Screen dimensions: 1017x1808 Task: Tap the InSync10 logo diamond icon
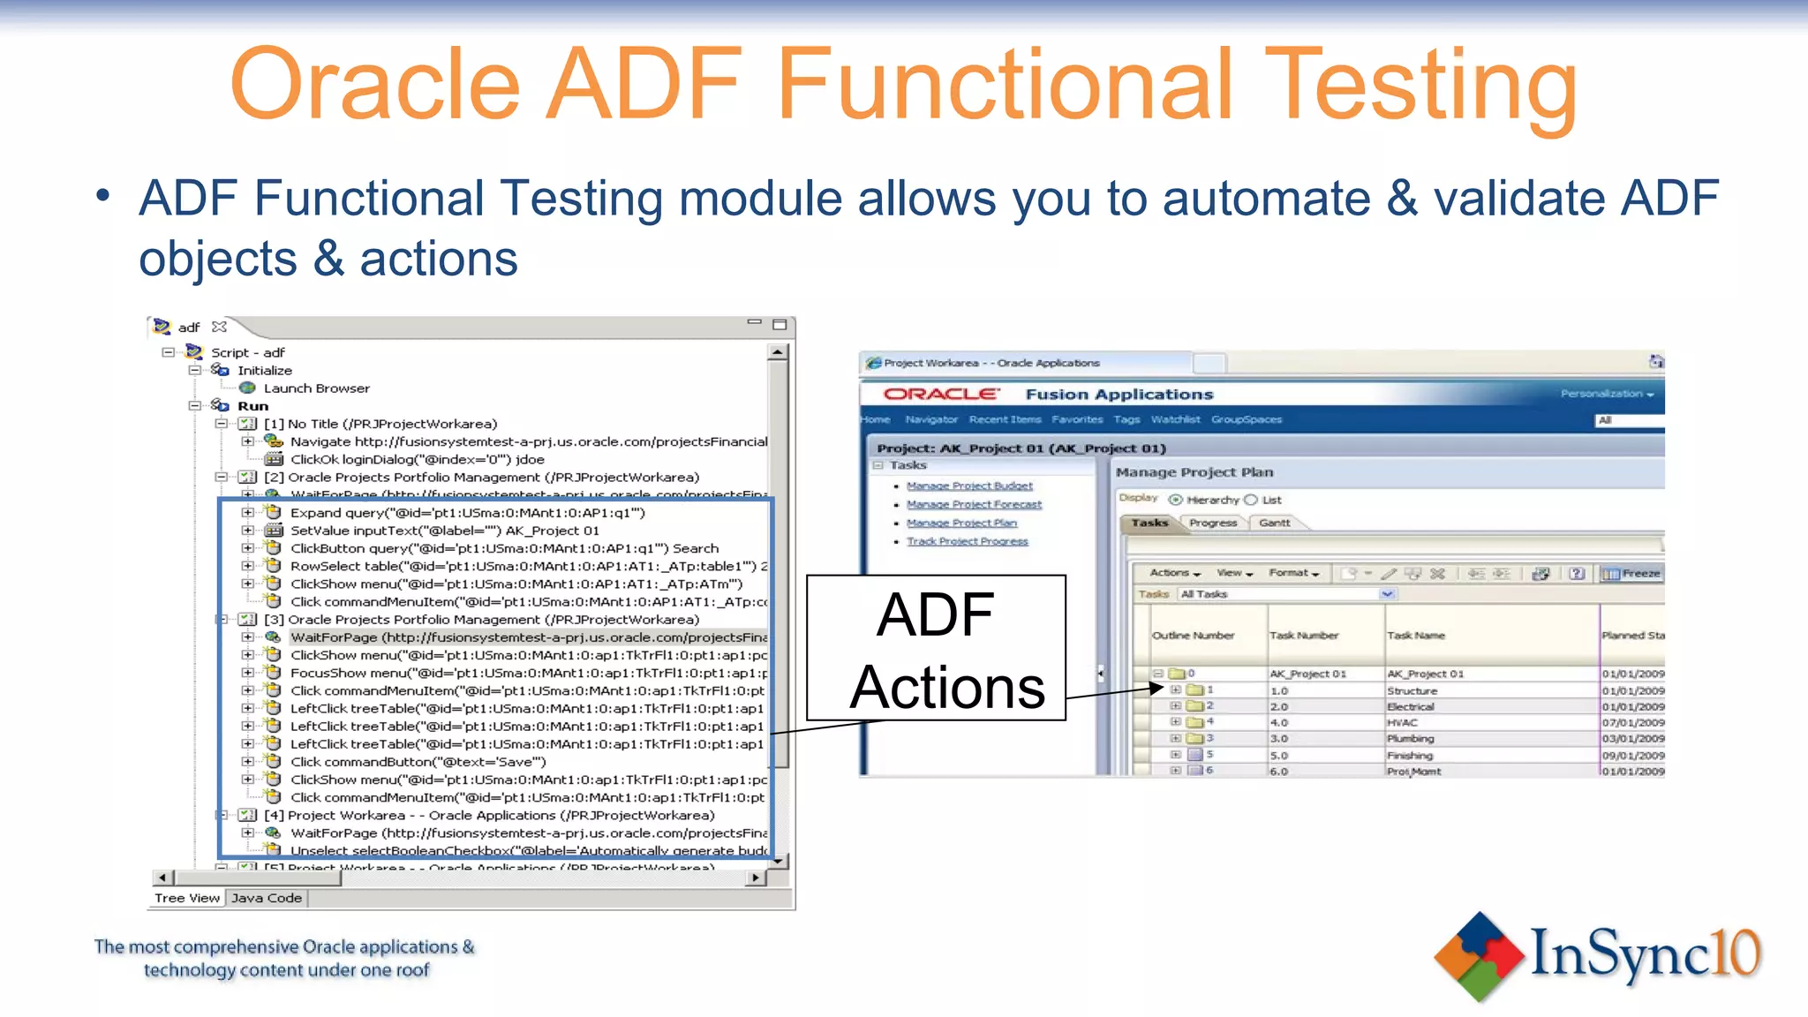pyautogui.click(x=1479, y=956)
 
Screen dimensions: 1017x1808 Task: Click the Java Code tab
pyautogui.click(x=267, y=898)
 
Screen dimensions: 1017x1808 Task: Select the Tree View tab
pyautogui.click(x=187, y=898)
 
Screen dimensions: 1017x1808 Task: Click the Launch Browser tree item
pyautogui.click(x=316, y=388)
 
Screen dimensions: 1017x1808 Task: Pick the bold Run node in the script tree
pyautogui.click(x=252, y=406)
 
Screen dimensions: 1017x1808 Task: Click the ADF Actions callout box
pyautogui.click(x=936, y=649)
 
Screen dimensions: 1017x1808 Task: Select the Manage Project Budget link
pyautogui.click(x=969, y=486)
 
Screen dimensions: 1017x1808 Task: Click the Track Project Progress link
pyautogui.click(x=967, y=541)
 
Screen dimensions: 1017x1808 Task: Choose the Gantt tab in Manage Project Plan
pyautogui.click(x=1274, y=523)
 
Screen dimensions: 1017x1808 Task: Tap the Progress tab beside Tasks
pyautogui.click(x=1213, y=523)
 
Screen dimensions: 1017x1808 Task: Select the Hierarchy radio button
pyautogui.click(x=1175, y=500)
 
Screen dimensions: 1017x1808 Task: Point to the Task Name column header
pyautogui.click(x=1416, y=635)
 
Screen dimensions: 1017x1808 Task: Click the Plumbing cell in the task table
pyautogui.click(x=1410, y=739)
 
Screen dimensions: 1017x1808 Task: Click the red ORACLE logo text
pyautogui.click(x=940, y=394)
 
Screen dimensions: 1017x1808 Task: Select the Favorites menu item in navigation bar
pyautogui.click(x=1077, y=419)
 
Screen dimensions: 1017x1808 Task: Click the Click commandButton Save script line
pyautogui.click(x=418, y=762)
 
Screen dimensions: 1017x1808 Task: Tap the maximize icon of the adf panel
pyautogui.click(x=780, y=325)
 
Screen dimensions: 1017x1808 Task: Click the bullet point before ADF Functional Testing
pyautogui.click(x=104, y=196)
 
